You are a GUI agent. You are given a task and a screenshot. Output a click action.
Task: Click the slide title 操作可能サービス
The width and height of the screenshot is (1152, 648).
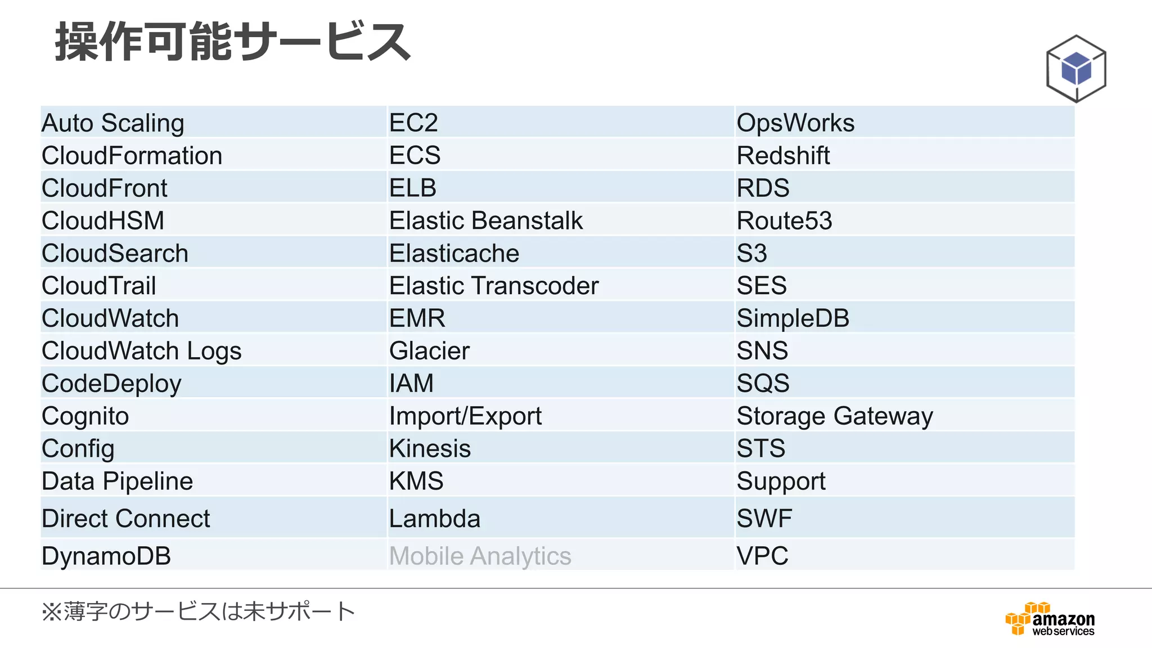[x=233, y=42]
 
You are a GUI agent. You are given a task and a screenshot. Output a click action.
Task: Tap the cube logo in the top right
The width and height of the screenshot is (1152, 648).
[x=1076, y=69]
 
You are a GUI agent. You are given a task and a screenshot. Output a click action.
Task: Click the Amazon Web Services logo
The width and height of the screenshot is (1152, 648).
[x=1050, y=619]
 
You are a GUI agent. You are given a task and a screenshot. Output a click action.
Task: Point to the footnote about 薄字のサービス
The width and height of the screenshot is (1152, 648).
[x=198, y=611]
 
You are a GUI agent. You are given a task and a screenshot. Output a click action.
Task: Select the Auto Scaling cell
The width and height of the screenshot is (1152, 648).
[x=113, y=123]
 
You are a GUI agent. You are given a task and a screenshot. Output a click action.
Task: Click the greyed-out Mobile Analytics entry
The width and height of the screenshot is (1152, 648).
[x=480, y=556]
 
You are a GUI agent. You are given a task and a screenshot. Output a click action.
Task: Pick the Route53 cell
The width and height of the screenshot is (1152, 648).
[x=784, y=220]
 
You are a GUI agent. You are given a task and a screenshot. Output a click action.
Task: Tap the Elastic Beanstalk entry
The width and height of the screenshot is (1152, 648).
[x=486, y=220]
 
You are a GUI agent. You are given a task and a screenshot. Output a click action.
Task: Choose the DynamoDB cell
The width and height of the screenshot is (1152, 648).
[x=106, y=556]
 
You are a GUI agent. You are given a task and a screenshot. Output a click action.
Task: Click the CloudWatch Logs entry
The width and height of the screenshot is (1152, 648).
[x=142, y=351]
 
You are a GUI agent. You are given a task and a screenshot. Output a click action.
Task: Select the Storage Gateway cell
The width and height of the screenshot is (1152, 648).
[x=835, y=416]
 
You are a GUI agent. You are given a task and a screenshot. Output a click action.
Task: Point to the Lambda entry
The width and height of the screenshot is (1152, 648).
[x=435, y=518]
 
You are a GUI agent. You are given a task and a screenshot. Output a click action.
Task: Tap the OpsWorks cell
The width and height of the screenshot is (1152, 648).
[x=795, y=123]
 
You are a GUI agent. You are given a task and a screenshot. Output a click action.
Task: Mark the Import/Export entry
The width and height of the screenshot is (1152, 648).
[x=465, y=416]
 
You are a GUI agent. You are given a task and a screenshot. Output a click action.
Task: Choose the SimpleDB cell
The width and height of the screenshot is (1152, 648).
[x=793, y=318]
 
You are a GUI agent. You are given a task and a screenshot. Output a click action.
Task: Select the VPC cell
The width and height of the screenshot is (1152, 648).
[x=762, y=556]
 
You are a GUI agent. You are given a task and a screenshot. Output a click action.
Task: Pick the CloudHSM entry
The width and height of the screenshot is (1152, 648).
[x=103, y=220]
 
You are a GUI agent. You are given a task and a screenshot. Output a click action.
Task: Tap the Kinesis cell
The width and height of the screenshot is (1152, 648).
[x=430, y=449]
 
